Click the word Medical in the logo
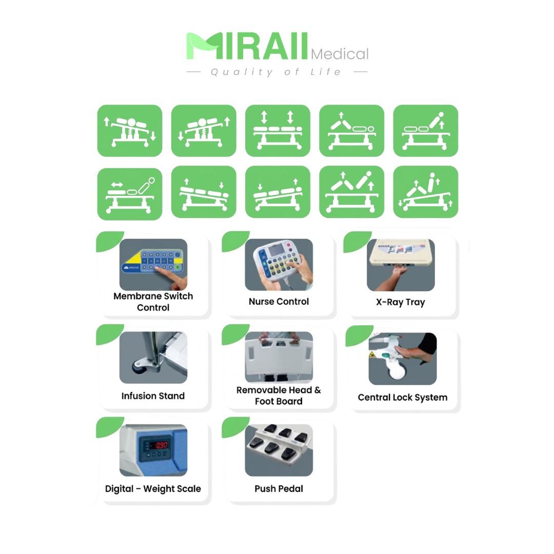click(340, 54)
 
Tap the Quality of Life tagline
click(276, 72)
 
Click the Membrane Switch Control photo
click(153, 265)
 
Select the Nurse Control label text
click(279, 302)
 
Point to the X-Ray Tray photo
click(401, 265)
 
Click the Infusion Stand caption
click(153, 395)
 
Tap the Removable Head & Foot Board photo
click(279, 357)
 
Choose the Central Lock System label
click(403, 398)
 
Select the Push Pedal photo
click(279, 450)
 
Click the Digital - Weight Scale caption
click(153, 489)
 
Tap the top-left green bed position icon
click(130, 131)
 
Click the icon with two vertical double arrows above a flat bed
click(278, 131)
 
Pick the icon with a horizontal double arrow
click(130, 194)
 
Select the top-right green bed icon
click(426, 131)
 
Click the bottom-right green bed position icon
click(426, 192)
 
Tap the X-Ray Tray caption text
click(401, 303)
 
